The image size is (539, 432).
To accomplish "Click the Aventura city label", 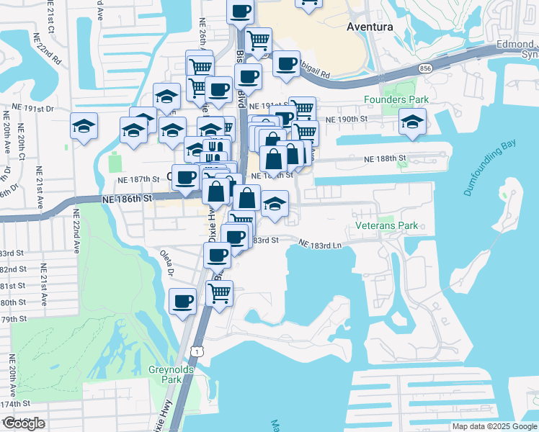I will pos(370,27).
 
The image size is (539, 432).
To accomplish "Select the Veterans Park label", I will pos(387,225).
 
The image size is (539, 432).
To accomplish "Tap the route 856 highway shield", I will pos(427,68).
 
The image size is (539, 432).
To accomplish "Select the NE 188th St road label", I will pos(386,158).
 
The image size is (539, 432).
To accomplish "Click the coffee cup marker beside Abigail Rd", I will pos(286,64).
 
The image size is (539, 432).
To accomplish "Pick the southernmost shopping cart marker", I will pos(219,292).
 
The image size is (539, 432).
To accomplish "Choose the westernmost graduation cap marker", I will pos(84,126).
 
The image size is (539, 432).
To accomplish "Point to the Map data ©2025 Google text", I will pos(494,426).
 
